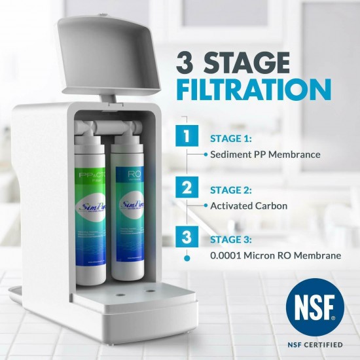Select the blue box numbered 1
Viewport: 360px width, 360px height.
tap(188, 138)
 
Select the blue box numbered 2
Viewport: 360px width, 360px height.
tap(188, 189)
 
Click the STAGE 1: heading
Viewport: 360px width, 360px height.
tap(230, 139)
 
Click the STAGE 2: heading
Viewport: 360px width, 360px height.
tap(230, 190)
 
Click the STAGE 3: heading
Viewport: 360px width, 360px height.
tap(230, 240)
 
